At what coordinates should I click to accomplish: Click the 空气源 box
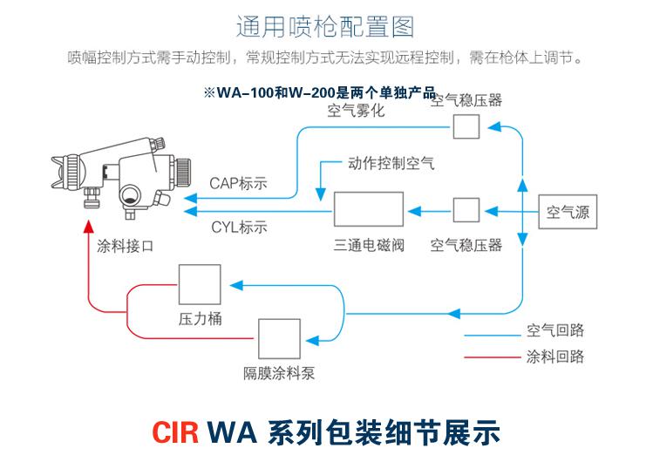click(x=568, y=211)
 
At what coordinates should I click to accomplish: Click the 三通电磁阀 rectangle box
click(x=368, y=210)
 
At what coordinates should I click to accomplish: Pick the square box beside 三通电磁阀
click(x=466, y=211)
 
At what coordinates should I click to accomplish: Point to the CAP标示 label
click(x=238, y=183)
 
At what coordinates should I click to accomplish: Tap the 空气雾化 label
click(x=356, y=111)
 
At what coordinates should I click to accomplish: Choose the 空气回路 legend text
click(x=555, y=331)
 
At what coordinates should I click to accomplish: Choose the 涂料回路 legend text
click(x=555, y=357)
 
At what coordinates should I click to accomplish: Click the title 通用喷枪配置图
click(x=325, y=27)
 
